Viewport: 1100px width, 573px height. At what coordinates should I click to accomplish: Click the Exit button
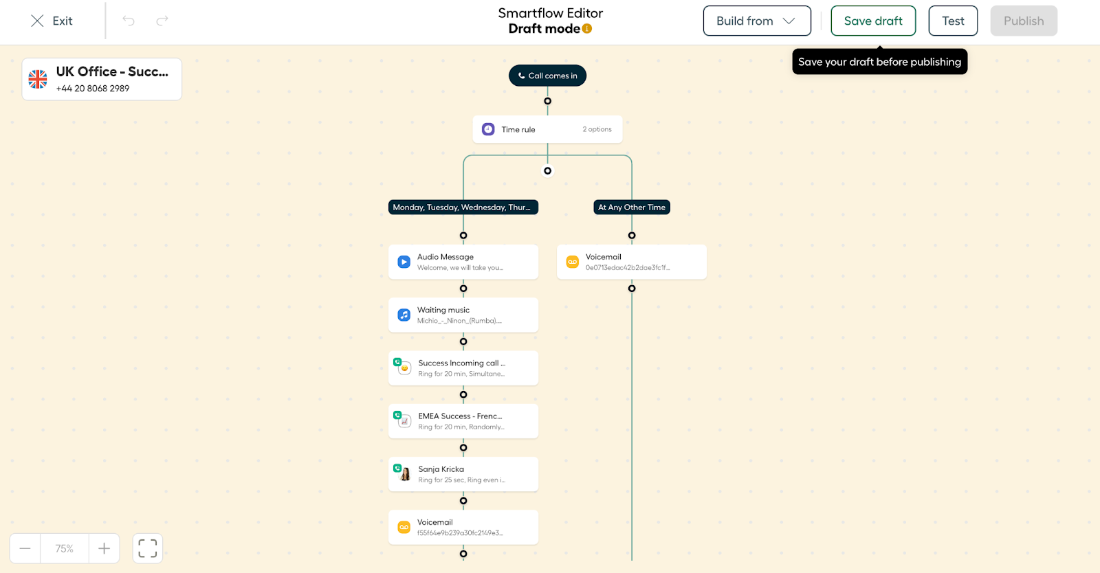coord(52,21)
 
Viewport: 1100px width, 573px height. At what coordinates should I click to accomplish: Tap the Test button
coord(953,21)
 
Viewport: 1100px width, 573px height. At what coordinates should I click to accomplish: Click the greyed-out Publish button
coord(1024,21)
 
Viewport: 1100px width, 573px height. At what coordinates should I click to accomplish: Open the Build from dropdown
coord(757,21)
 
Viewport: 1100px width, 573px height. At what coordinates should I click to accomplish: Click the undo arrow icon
coord(129,21)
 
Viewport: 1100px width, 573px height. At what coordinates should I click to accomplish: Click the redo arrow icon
coord(162,21)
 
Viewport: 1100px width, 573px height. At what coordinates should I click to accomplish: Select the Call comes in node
coord(547,76)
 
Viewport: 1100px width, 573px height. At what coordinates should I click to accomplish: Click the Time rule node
coord(547,130)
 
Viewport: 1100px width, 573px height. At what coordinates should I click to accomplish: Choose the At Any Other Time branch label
coord(632,207)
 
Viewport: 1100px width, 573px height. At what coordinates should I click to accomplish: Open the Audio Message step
coord(463,262)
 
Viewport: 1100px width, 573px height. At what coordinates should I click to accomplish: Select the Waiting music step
coord(463,315)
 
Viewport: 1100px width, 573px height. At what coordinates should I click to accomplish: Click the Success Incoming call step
coord(463,368)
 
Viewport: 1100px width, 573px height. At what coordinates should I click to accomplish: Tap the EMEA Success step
coord(463,421)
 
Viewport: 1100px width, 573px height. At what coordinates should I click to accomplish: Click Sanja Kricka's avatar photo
coord(405,474)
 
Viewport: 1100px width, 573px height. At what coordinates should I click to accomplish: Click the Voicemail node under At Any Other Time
coord(632,262)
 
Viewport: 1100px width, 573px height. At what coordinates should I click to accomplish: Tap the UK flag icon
coord(38,79)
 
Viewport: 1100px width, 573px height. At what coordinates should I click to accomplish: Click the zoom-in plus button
coord(104,548)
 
